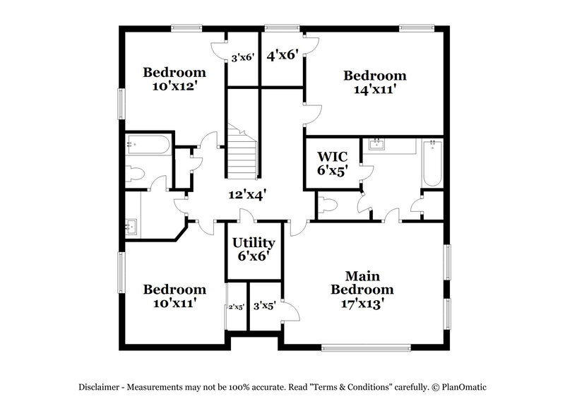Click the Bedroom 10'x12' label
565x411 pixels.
pyautogui.click(x=174, y=79)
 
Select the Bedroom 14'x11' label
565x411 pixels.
pyautogui.click(x=374, y=83)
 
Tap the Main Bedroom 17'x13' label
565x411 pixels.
pyautogui.click(x=362, y=290)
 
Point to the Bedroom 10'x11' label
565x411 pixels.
pyautogui.click(x=174, y=297)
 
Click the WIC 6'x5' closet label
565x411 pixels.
pyautogui.click(x=332, y=162)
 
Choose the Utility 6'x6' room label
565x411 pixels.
pyautogui.click(x=254, y=249)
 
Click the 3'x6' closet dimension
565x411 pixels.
pyautogui.click(x=242, y=58)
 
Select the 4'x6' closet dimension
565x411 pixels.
pyautogui.click(x=282, y=54)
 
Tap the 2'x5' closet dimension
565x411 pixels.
pyautogui.click(x=236, y=306)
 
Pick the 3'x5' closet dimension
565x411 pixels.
pyautogui.click(x=264, y=306)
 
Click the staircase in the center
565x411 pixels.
pyautogui.click(x=242, y=151)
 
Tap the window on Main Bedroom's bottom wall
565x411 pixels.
pyautogui.click(x=365, y=347)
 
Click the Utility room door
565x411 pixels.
pyautogui.click(x=247, y=217)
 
